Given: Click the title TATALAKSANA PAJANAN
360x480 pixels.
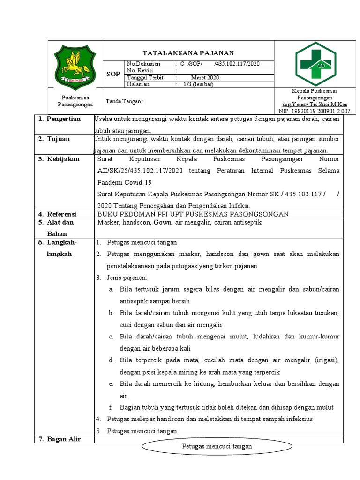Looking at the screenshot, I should pyautogui.click(x=188, y=53).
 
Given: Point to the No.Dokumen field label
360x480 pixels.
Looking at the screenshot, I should pyautogui.click(x=143, y=64).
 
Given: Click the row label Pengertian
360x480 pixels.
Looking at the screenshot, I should pyautogui.click(x=63, y=119).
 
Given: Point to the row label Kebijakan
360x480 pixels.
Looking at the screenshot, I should pyautogui.click(x=63, y=159).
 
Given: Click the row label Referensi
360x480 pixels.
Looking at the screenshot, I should pyautogui.click(x=62, y=214).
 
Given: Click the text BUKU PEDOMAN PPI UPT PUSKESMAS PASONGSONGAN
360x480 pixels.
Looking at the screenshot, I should pyautogui.click(x=193, y=214).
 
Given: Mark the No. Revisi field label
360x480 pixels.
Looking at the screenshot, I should pyautogui.click(x=141, y=71).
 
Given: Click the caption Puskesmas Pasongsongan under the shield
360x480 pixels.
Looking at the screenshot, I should pyautogui.click(x=75, y=101).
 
